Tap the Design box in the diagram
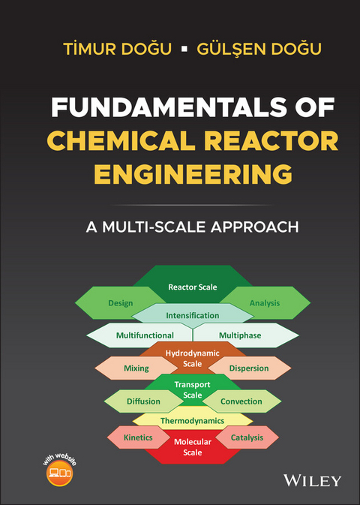click(120, 303)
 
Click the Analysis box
click(265, 303)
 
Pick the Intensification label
click(193, 316)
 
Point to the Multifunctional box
click(144, 335)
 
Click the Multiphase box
click(240, 335)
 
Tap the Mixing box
click(136, 368)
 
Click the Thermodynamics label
click(193, 421)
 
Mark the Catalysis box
click(247, 436)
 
